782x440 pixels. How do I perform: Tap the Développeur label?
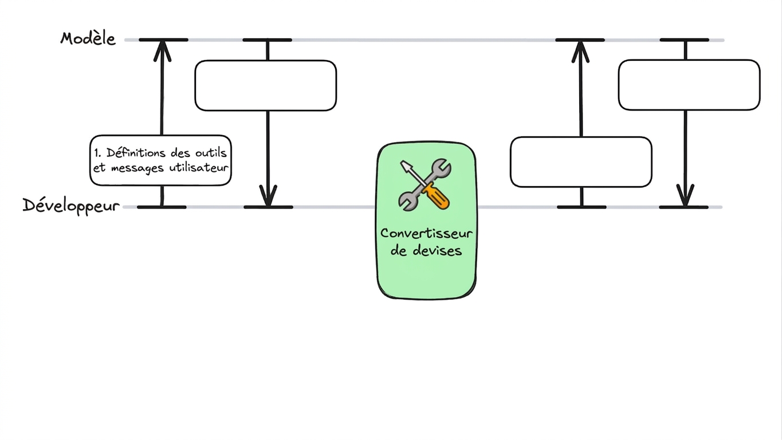click(x=71, y=206)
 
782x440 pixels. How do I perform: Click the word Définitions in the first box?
click(x=136, y=152)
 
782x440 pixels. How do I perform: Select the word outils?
click(x=211, y=152)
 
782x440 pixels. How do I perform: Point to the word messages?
click(x=137, y=168)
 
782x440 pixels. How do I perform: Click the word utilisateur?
click(x=199, y=168)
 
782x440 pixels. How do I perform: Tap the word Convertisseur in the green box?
click(x=426, y=233)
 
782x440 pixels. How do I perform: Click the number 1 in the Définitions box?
click(x=97, y=153)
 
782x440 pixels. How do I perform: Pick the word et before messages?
click(x=99, y=168)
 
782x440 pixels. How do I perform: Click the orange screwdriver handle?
click(x=437, y=197)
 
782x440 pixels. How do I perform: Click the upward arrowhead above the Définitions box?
click(x=162, y=50)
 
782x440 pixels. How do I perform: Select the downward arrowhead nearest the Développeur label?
click(x=268, y=195)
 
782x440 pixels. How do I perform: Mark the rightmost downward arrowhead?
click(x=685, y=195)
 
